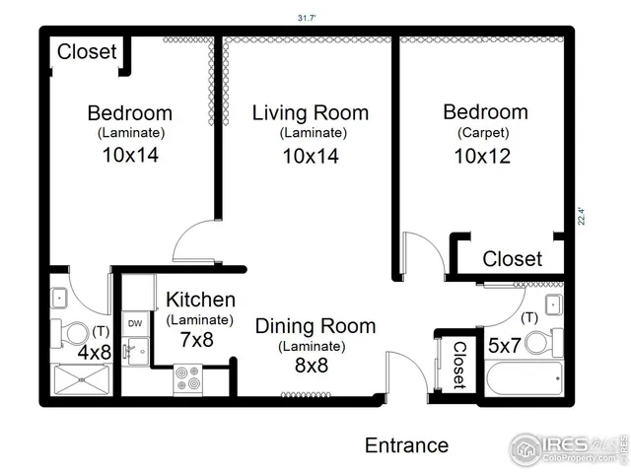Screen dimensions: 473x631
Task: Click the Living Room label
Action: [x=310, y=112]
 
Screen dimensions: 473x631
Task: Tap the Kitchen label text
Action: [x=200, y=300]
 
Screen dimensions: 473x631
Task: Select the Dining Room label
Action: [x=315, y=326]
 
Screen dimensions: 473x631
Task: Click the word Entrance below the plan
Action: [x=406, y=445]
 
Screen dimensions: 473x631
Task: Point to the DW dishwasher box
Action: [x=135, y=323]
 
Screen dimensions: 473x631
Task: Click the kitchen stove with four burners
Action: [x=187, y=377]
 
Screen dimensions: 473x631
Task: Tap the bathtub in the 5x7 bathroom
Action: [x=523, y=379]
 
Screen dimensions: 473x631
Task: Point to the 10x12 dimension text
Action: [x=482, y=156]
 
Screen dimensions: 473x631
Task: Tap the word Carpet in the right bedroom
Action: [x=482, y=133]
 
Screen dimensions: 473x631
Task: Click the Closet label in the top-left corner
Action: [x=87, y=51]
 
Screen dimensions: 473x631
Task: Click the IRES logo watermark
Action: [x=566, y=448]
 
